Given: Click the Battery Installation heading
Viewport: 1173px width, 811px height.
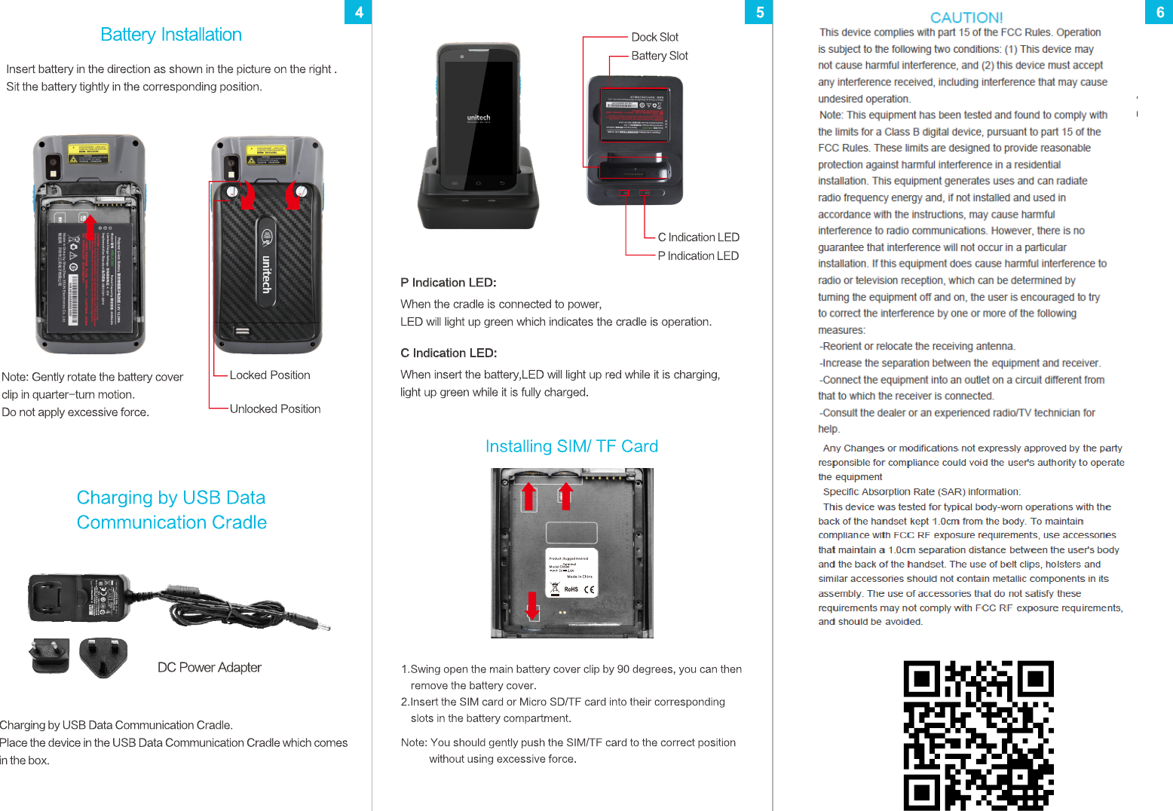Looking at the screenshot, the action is click(x=171, y=35).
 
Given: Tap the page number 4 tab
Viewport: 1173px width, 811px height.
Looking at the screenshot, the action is click(x=359, y=12).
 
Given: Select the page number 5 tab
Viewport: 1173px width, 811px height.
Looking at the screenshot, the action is click(x=759, y=12).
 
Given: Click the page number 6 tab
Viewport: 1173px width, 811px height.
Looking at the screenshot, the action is click(x=1159, y=12).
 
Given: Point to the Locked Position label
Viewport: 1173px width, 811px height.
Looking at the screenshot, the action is click(x=270, y=375).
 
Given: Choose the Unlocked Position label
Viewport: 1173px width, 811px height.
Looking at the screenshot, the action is click(x=275, y=409).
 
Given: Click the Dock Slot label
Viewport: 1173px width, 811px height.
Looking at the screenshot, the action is click(x=654, y=37).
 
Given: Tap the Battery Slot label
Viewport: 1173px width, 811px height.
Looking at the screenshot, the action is click(x=660, y=56).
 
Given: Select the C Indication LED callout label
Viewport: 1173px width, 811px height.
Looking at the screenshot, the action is click(x=698, y=237).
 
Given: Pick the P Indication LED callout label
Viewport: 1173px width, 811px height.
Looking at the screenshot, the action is click(x=698, y=256).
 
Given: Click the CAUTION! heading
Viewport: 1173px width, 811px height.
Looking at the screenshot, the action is click(x=966, y=17).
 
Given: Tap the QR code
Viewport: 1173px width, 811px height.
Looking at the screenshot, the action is click(x=979, y=735).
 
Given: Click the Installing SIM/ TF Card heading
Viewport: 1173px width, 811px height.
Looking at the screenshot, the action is click(x=571, y=446).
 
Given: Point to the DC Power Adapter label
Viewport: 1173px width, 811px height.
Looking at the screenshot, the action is click(x=210, y=668).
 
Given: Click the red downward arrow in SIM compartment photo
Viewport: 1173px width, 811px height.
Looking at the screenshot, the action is click(x=533, y=605).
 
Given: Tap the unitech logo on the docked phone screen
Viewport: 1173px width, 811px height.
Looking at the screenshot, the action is click(x=479, y=118).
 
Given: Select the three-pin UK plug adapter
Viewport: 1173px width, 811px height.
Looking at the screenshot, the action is click(x=103, y=657).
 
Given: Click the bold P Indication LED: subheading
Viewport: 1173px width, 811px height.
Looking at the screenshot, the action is click(x=449, y=283).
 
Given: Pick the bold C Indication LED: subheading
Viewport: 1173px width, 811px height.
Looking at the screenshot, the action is click(x=449, y=353).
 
